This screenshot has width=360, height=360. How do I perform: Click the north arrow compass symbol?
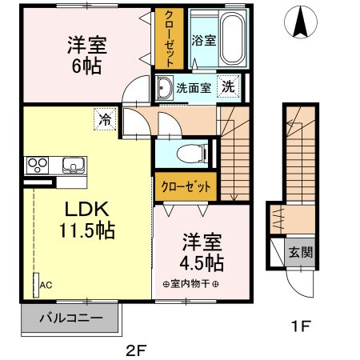(302, 22)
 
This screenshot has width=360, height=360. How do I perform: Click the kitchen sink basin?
(73, 166)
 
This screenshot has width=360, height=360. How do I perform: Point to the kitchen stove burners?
(38, 166)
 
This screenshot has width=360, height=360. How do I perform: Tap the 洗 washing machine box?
(229, 87)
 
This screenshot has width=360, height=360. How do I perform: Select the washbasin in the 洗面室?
(164, 87)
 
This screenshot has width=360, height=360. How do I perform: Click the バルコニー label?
(71, 318)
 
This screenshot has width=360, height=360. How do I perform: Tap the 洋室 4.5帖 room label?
(201, 250)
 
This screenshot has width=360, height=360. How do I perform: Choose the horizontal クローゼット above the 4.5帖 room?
(186, 186)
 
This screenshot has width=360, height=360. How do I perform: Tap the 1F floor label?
(298, 326)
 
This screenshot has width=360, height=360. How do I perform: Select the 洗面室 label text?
(195, 87)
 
